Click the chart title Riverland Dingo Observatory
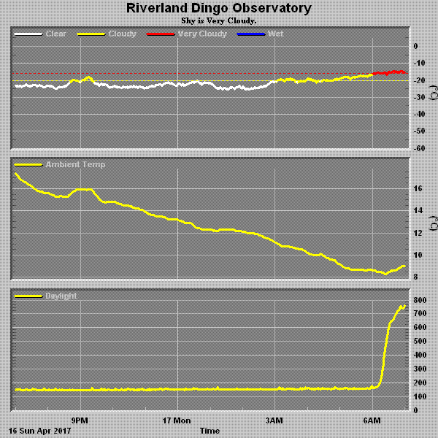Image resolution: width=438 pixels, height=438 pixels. click(x=219, y=9)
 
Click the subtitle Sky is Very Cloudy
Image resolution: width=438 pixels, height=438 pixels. click(x=219, y=20)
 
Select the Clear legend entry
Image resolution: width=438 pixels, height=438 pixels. click(x=55, y=34)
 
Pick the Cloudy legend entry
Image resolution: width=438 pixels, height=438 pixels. click(x=122, y=34)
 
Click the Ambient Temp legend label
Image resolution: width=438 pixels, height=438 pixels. click(x=75, y=165)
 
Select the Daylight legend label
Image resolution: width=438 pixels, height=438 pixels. click(x=61, y=296)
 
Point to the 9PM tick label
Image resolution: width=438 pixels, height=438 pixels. click(x=80, y=421)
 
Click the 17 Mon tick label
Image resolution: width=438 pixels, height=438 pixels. click(x=177, y=421)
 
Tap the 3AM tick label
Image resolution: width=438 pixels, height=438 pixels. click(x=274, y=421)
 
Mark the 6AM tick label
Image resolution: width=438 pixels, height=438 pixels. click(x=372, y=421)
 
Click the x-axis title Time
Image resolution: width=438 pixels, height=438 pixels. click(x=210, y=431)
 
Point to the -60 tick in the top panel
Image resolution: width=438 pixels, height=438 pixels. click(x=421, y=147)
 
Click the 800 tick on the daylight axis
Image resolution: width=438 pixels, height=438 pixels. click(x=420, y=300)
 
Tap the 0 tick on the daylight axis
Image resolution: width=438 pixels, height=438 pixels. click(x=415, y=411)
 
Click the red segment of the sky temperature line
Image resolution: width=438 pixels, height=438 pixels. click(x=391, y=72)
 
